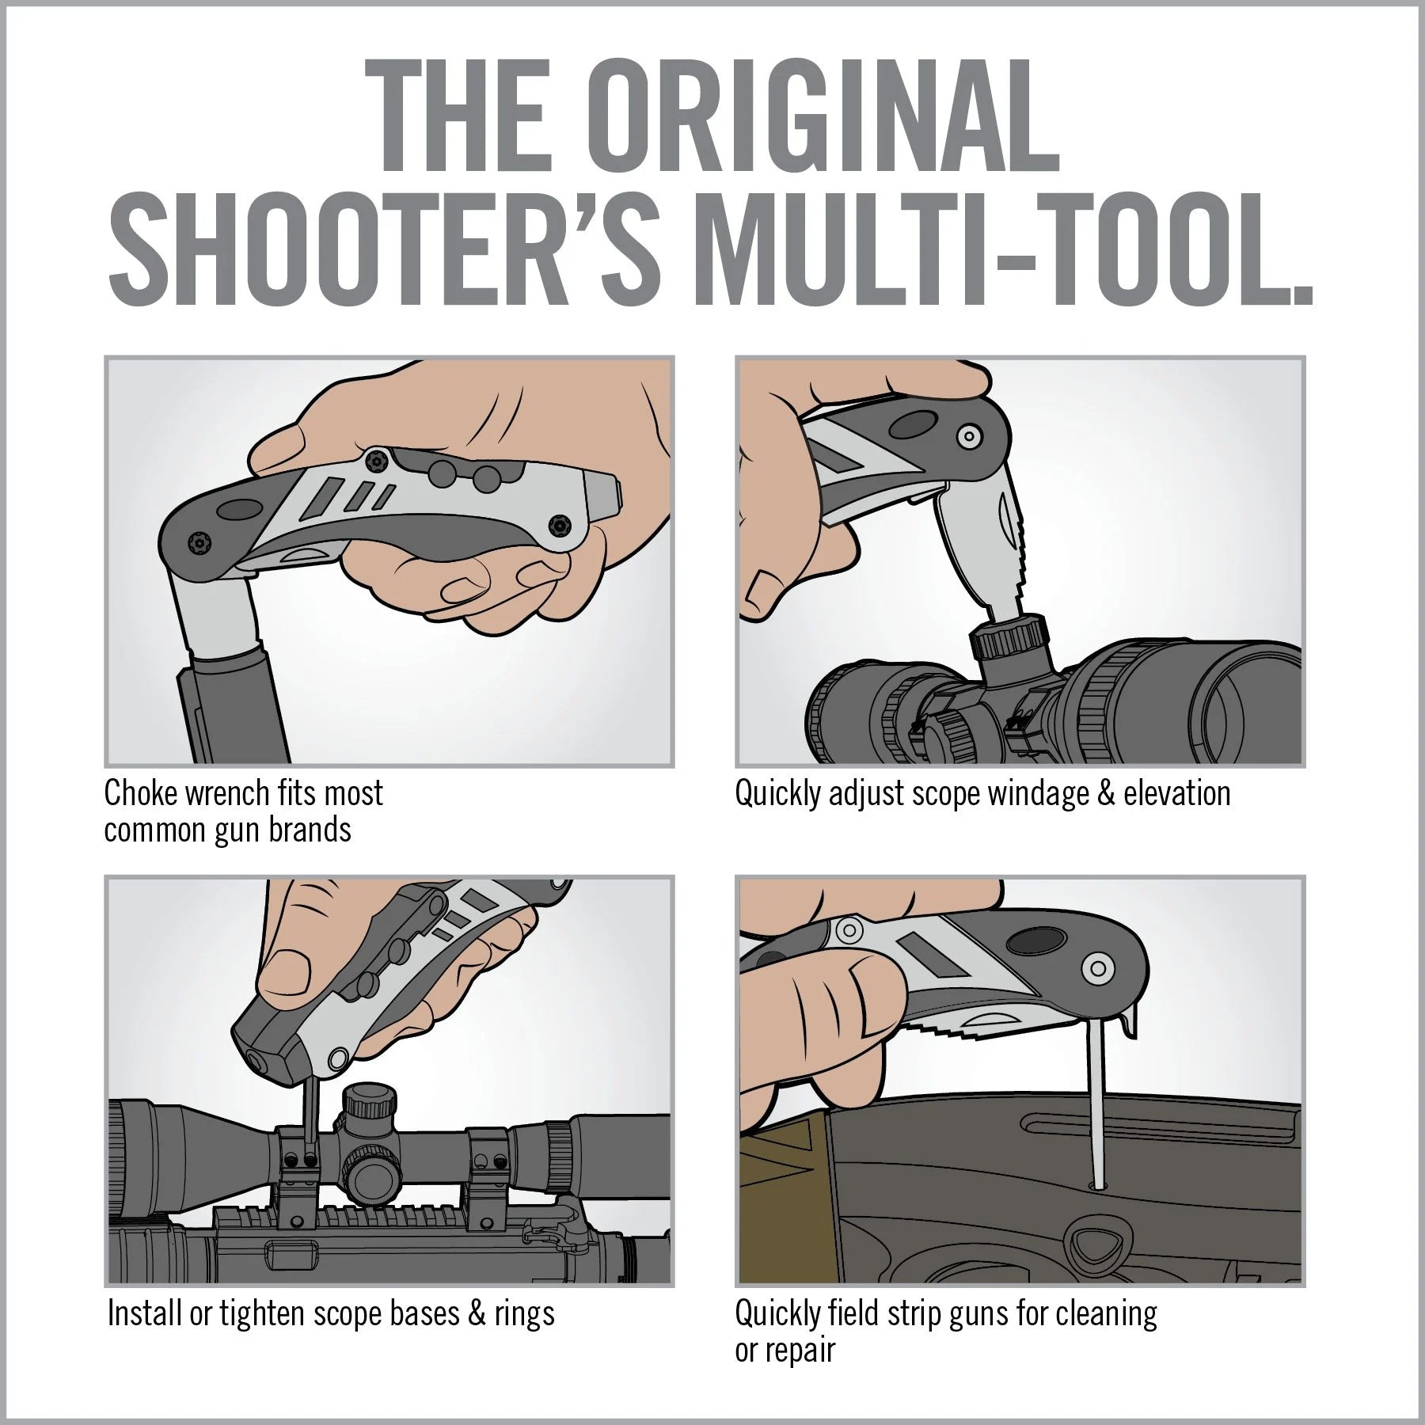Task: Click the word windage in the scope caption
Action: point(1025,794)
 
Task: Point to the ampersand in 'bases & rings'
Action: point(477,1313)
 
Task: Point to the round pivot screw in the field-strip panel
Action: point(1096,967)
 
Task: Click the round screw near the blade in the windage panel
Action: point(965,436)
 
